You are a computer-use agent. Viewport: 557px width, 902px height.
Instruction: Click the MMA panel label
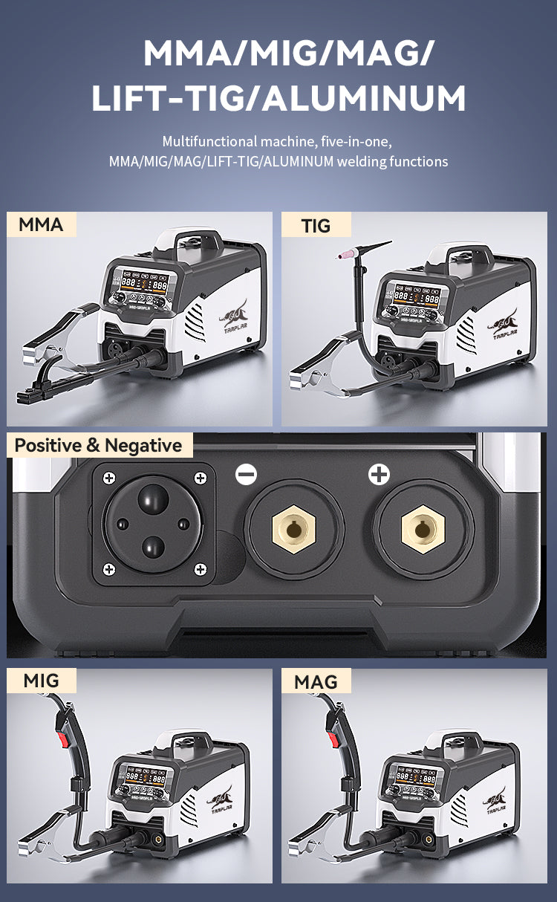click(42, 225)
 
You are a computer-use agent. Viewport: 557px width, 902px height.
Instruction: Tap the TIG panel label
click(316, 225)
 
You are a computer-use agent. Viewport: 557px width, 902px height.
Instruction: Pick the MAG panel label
click(316, 681)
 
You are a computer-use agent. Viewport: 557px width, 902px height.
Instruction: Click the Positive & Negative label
click(98, 446)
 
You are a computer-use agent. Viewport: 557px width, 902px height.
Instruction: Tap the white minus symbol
click(246, 475)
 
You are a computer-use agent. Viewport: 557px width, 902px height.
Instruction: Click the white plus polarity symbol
click(379, 475)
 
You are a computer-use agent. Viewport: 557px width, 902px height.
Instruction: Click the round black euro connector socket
click(154, 523)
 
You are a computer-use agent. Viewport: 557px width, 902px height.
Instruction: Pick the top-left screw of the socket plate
click(108, 478)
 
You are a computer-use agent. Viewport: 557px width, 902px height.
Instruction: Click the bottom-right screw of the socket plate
click(200, 569)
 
